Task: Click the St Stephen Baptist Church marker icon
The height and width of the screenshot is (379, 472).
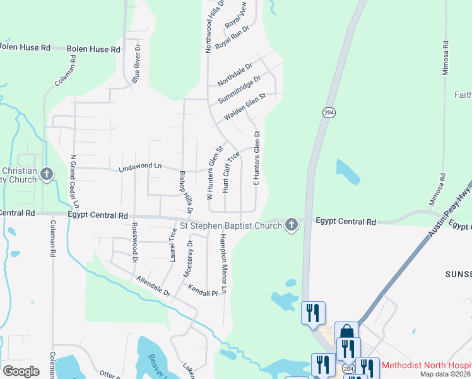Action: coord(291,224)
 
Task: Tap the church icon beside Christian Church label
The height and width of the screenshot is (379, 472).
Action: coord(46,174)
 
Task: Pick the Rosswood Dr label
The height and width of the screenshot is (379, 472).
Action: coord(134,242)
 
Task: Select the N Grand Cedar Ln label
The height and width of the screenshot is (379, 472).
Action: coord(74,182)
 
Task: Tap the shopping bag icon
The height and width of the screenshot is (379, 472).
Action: coord(346,332)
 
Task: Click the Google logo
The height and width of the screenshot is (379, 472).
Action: coord(21,371)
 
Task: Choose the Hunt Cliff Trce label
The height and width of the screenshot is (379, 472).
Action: coord(230,172)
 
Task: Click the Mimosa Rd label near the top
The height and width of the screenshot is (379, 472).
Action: coord(445,59)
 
